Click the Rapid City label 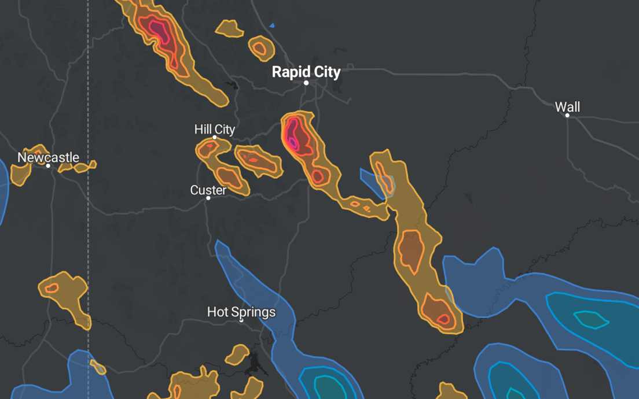[306, 72]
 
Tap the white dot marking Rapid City [307, 83]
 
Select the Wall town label [567, 107]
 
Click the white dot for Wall [567, 115]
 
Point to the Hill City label [215, 129]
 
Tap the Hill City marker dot [215, 138]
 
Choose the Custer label [208, 190]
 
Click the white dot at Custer [208, 198]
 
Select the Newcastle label [48, 157]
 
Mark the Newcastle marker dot [48, 166]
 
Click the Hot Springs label [241, 312]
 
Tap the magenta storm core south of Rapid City [293, 141]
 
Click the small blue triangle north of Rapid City [272, 25]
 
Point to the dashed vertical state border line [88, 231]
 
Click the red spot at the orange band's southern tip [443, 319]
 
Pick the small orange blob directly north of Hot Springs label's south [237, 354]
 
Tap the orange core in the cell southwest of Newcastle [52, 287]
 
